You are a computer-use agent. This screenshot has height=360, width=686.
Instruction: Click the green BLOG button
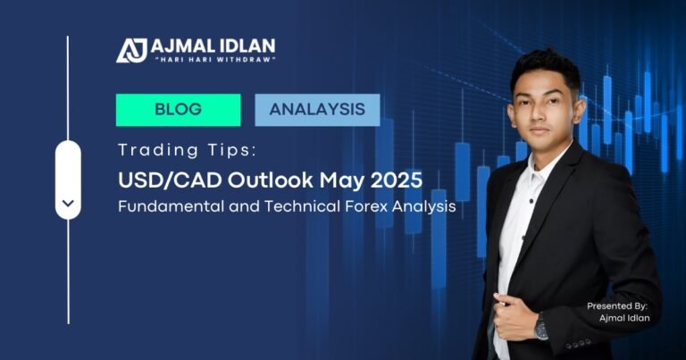pos(178,110)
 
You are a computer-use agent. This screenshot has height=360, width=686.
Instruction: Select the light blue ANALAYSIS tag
pos(317,110)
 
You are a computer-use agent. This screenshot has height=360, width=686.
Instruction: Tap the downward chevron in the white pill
pos(68,205)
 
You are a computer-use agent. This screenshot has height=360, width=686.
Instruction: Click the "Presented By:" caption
pos(616,306)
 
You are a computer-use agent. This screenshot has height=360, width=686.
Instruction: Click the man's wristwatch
pos(541,329)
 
